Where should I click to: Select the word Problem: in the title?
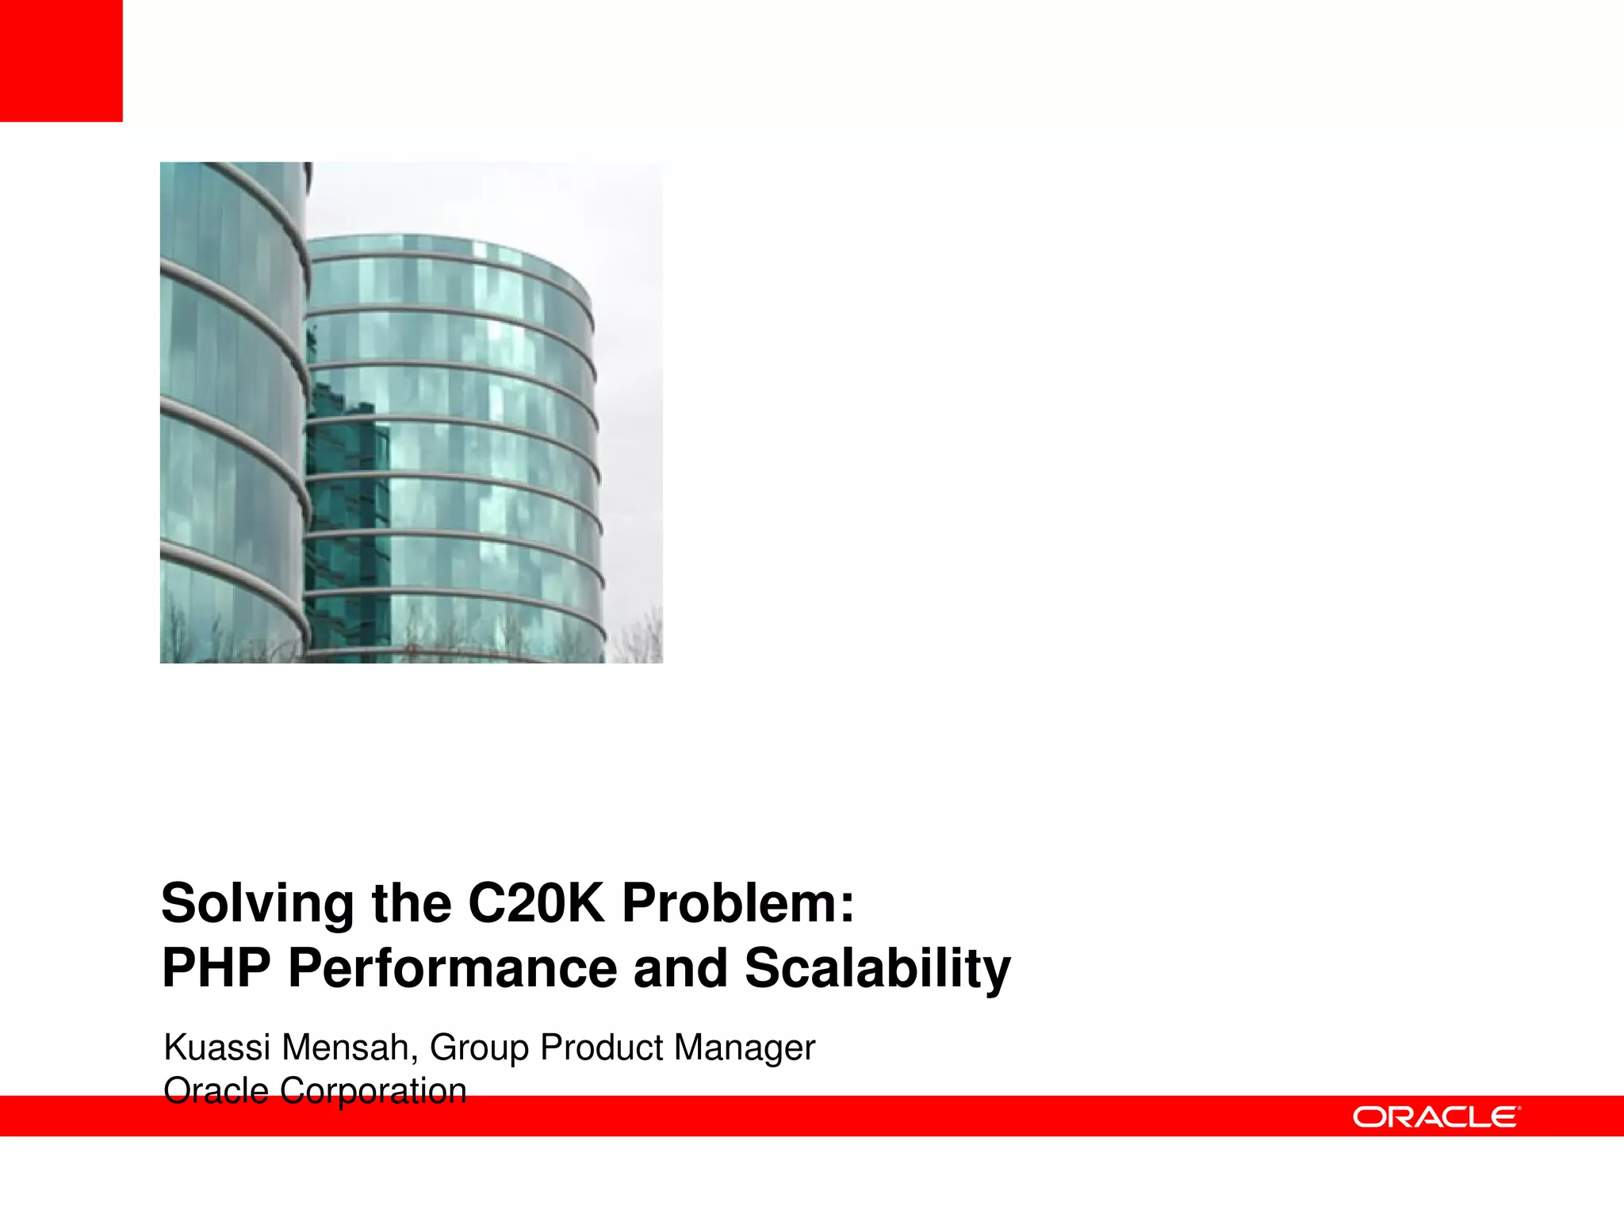[x=738, y=903]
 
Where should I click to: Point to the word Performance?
[x=452, y=968]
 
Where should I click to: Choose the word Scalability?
[x=877, y=970]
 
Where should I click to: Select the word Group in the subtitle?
[x=479, y=1049]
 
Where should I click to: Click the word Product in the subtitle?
[x=603, y=1048]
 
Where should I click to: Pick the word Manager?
[x=745, y=1049]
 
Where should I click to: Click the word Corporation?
[x=373, y=1091]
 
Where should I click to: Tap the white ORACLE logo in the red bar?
[x=1436, y=1116]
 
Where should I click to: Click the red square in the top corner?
[x=61, y=60]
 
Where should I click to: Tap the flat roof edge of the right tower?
[x=444, y=238]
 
